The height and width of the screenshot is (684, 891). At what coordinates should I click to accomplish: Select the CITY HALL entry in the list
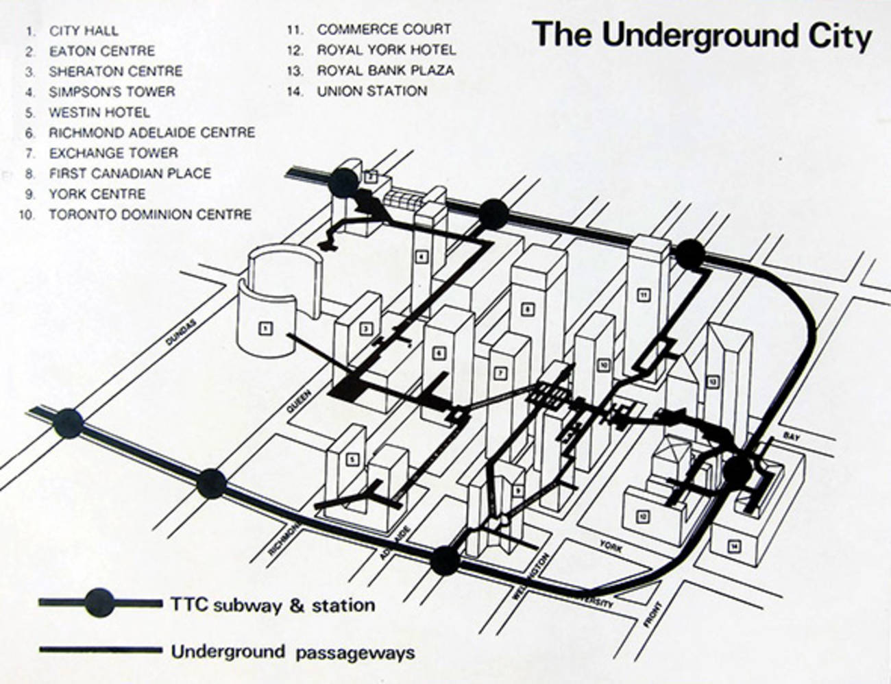(83, 31)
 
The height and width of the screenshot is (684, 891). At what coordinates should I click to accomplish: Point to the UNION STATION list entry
(371, 90)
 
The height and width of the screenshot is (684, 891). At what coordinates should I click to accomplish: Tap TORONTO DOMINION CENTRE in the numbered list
(149, 215)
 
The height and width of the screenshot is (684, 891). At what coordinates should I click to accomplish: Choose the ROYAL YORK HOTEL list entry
(386, 50)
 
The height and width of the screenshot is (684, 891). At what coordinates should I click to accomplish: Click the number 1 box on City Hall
(265, 329)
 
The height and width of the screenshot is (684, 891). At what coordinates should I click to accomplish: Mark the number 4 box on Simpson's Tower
(422, 258)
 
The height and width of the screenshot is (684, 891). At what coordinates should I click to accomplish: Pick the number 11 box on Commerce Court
(643, 295)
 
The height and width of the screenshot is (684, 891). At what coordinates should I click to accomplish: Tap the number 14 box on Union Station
(735, 546)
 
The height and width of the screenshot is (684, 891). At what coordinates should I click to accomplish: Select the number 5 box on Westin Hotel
(352, 459)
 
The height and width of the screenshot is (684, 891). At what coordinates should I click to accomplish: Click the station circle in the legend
(100, 602)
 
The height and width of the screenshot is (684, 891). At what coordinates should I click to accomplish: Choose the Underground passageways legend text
(293, 651)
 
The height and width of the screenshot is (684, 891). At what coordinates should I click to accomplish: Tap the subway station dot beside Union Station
(738, 470)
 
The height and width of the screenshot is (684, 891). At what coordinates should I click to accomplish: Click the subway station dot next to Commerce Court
(689, 254)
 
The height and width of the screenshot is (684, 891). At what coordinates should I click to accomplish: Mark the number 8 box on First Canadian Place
(526, 309)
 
